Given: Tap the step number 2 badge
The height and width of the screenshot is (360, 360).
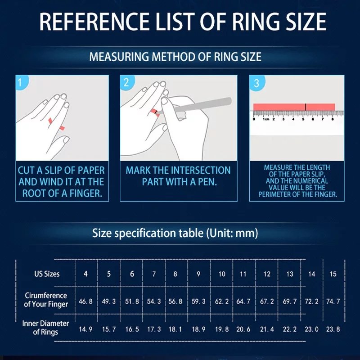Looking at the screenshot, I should pyautogui.click(x=126, y=82).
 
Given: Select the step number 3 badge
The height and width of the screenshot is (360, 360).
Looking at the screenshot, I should pyautogui.click(x=256, y=83).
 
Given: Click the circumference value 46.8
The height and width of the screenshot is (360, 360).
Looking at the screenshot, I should pyautogui.click(x=85, y=301).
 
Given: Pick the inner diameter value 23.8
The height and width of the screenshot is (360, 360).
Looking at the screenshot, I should pyautogui.click(x=333, y=329).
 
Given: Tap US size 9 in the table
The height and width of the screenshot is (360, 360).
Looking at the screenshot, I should pyautogui.click(x=198, y=274).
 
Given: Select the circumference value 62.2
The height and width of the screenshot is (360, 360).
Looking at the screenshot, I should pyautogui.click(x=222, y=301).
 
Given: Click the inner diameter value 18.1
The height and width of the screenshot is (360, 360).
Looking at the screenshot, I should pyautogui.click(x=175, y=329).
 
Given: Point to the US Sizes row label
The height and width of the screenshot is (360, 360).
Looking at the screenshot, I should pyautogui.click(x=47, y=274).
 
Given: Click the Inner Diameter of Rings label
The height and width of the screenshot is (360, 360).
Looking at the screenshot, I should pyautogui.click(x=46, y=328).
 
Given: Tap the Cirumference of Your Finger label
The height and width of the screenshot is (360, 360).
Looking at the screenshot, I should pyautogui.click(x=46, y=300).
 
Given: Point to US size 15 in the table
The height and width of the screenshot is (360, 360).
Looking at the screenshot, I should pyautogui.click(x=333, y=274).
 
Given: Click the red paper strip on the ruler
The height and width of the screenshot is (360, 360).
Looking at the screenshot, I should pyautogui.click(x=294, y=107).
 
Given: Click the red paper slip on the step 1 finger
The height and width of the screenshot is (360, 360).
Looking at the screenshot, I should pyautogui.click(x=51, y=120).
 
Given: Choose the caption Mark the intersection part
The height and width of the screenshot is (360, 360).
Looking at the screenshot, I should pyautogui.click(x=178, y=176).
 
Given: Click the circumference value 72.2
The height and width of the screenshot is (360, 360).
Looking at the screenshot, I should pyautogui.click(x=311, y=301).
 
